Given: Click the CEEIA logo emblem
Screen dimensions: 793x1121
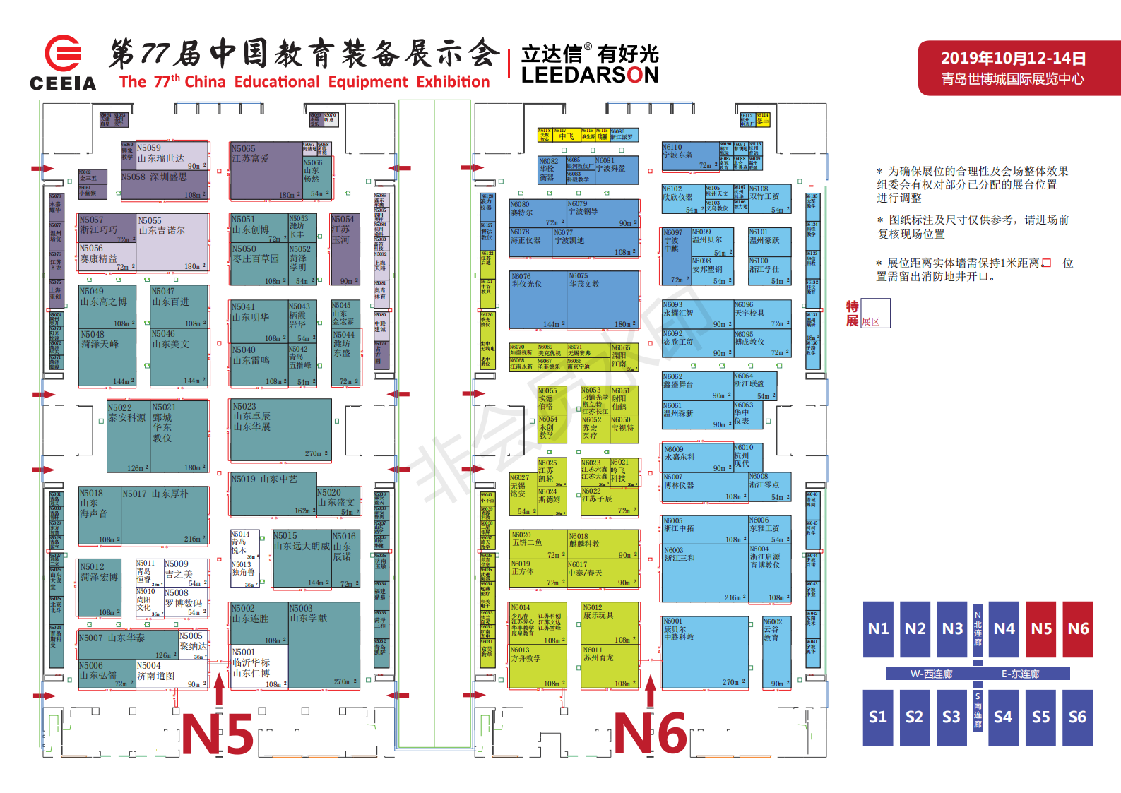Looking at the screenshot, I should point(63,53).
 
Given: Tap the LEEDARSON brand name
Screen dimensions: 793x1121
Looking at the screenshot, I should point(589,75).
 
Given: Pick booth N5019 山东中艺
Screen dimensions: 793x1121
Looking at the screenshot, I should point(272,494).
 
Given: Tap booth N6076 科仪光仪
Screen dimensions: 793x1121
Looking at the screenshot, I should point(538,299).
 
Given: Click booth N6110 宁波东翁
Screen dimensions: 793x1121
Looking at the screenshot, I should point(688,157).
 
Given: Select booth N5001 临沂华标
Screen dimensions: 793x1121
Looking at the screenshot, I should point(259,667).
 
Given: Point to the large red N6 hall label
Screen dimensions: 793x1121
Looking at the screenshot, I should point(650,734).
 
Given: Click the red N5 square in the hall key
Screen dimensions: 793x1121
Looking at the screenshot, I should point(1041,629).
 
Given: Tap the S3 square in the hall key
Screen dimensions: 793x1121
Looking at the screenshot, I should point(951,717).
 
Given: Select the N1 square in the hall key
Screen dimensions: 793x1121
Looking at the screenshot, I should point(878,629).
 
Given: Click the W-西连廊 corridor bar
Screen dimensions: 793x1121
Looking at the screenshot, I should point(930,674).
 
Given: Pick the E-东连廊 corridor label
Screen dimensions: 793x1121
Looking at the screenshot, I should point(1020,674).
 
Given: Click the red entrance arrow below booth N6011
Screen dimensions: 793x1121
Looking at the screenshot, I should point(651,690).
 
